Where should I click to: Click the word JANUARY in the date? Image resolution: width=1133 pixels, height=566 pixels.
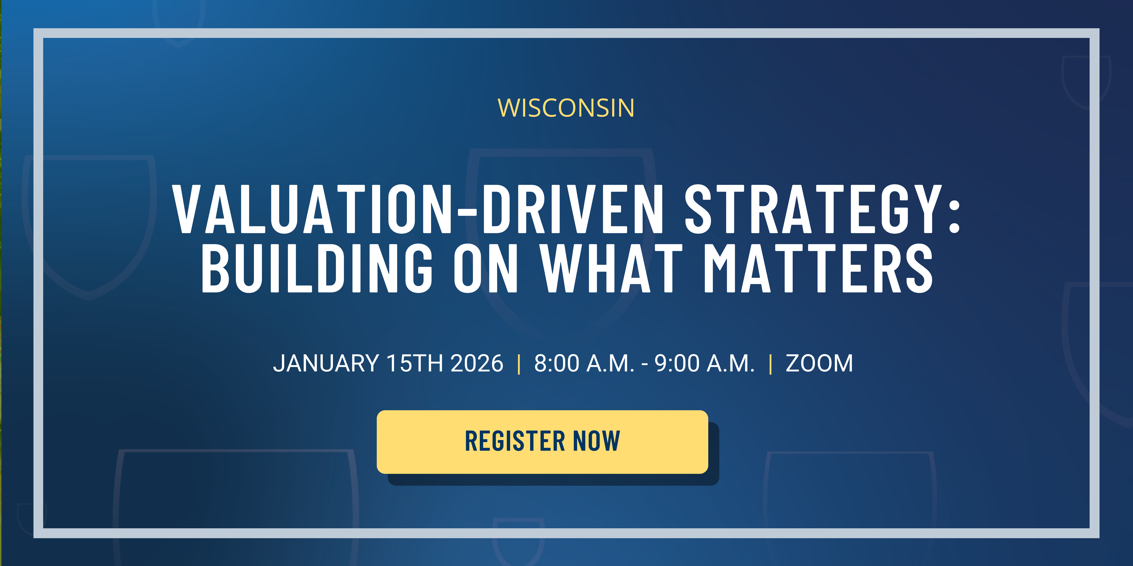(326, 363)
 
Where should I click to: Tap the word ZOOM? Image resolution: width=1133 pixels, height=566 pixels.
(819, 363)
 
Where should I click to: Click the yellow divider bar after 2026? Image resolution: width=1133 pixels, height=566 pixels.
(519, 364)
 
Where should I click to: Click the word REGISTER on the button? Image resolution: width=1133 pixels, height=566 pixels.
(515, 441)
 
